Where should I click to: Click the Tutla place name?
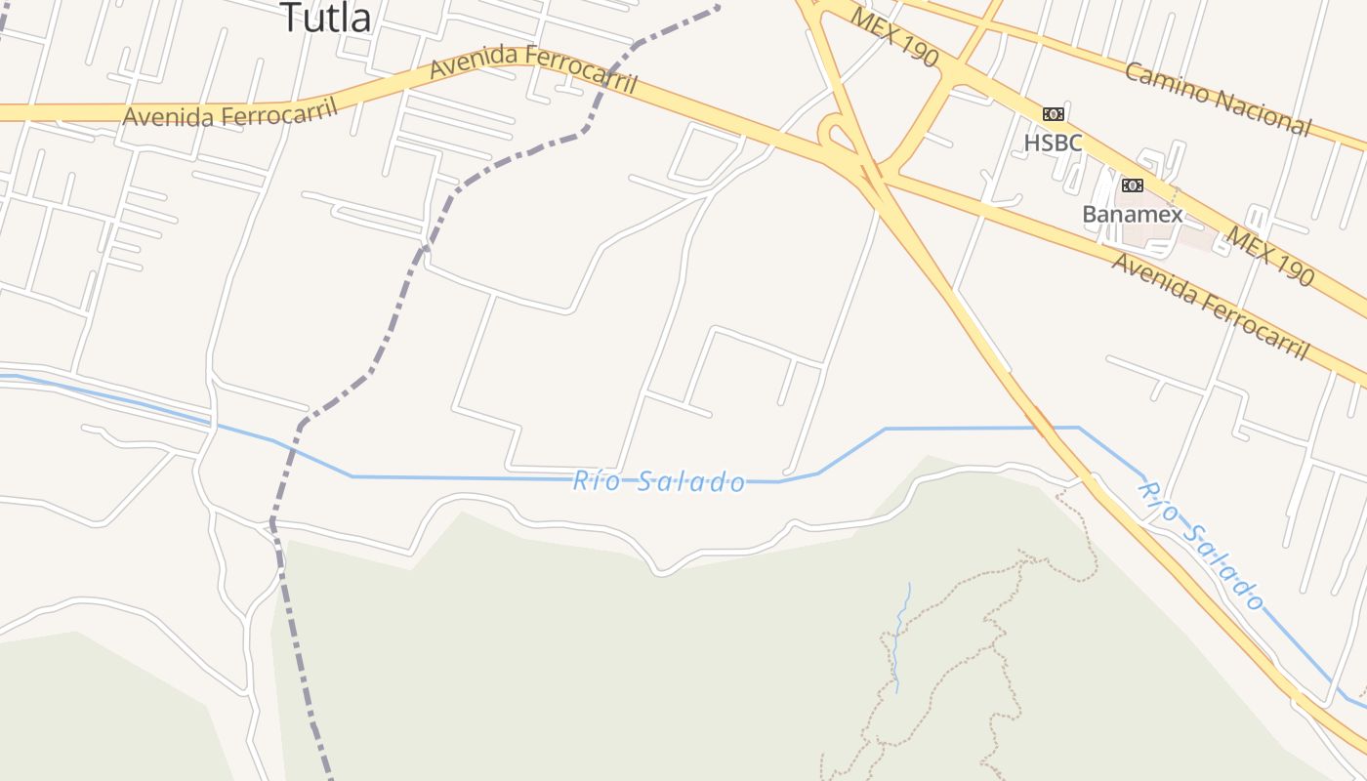(326, 18)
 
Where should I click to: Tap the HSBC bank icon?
(1053, 114)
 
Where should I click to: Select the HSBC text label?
(1053, 143)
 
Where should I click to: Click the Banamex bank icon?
(1132, 185)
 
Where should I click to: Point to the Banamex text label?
(1132, 214)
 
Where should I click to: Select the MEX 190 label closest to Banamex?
(1270, 257)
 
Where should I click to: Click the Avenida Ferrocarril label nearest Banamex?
(1210, 307)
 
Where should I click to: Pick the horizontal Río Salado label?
(659, 480)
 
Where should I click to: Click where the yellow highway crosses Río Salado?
(1042, 428)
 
